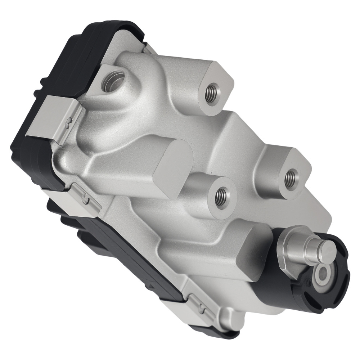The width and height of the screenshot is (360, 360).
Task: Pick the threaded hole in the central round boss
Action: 220,197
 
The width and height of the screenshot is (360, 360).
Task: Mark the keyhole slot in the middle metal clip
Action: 85,199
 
